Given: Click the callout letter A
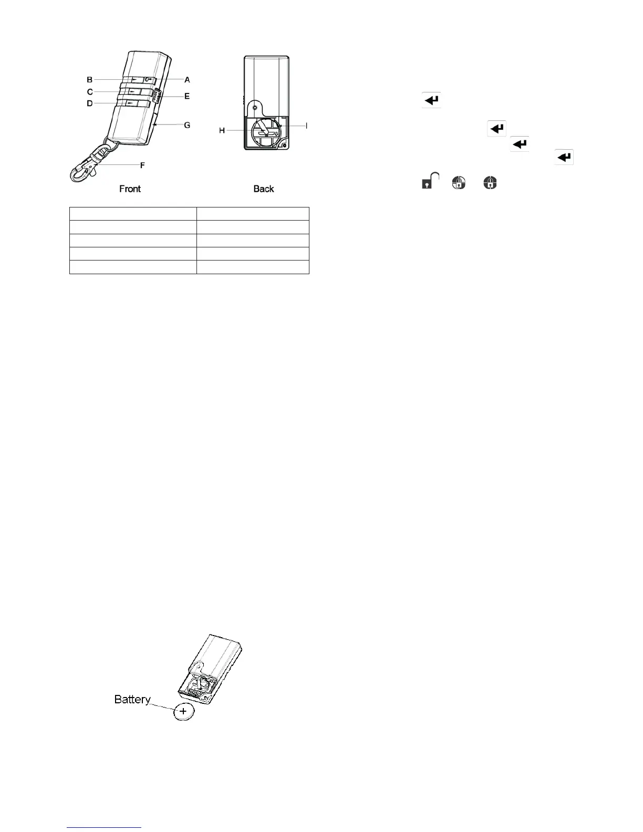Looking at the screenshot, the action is click(x=187, y=80).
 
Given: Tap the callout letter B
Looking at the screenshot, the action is click(x=90, y=80).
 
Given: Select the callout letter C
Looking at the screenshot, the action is click(x=90, y=92).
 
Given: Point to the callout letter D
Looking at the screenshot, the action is click(x=90, y=103).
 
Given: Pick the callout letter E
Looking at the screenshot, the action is click(x=187, y=96).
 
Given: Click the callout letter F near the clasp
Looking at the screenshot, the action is click(x=142, y=165).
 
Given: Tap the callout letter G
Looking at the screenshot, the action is click(x=187, y=125).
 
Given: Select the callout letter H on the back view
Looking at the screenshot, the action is click(x=222, y=130).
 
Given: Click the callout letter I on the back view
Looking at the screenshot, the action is click(x=306, y=126).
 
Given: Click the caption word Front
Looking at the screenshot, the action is click(x=130, y=189).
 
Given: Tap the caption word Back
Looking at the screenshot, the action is click(x=264, y=189).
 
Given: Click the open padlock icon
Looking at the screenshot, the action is click(x=430, y=181).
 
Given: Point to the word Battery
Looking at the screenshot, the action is click(x=132, y=699).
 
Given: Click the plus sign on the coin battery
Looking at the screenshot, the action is click(x=183, y=711).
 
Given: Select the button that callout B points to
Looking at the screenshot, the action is click(x=136, y=79).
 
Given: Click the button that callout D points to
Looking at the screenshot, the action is click(x=136, y=103).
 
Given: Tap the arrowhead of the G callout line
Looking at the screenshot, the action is click(x=154, y=125).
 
